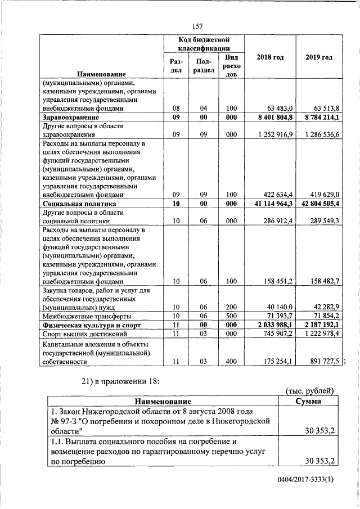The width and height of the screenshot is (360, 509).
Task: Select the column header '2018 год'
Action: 270,58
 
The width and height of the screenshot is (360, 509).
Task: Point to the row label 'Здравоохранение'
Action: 71,118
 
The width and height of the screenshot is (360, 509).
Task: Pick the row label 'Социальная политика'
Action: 79,204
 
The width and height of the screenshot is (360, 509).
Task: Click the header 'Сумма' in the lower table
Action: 308,401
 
